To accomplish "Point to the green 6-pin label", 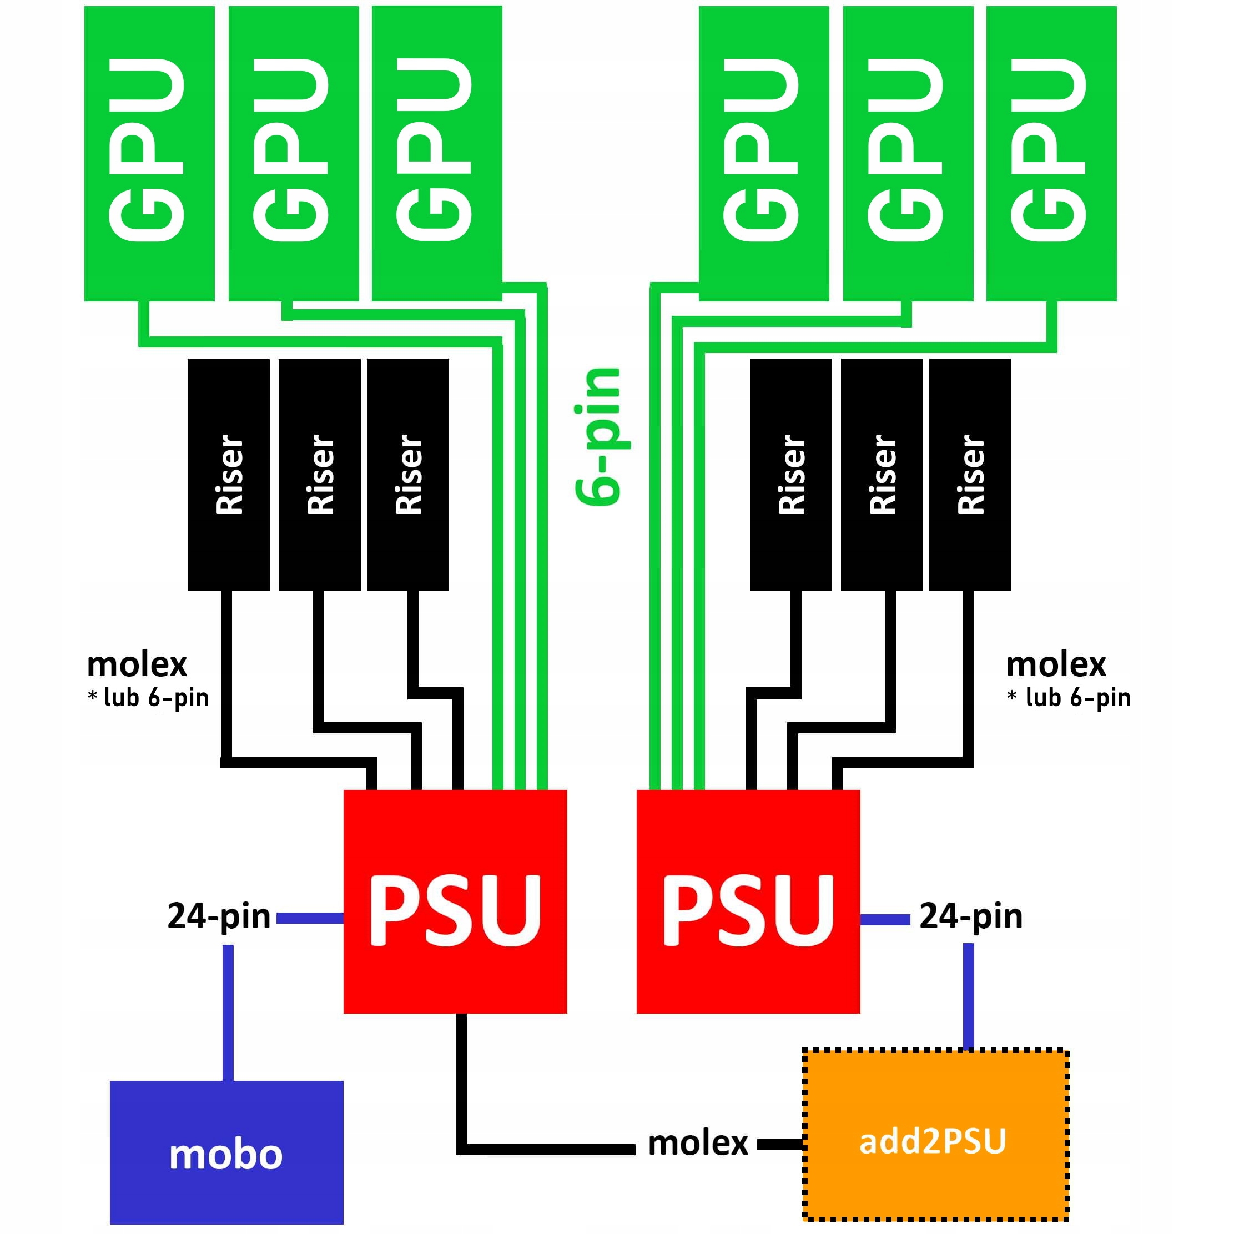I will [598, 437].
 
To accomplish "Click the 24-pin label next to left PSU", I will [219, 916].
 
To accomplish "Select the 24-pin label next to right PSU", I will [970, 916].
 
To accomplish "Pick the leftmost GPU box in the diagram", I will [149, 153].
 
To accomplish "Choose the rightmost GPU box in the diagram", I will [1051, 153].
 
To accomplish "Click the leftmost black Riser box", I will [228, 474].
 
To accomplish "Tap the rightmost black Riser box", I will [970, 474].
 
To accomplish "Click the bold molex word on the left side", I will [137, 665].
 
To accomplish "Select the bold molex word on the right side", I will [1055, 665].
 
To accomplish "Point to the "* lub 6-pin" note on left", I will [148, 697].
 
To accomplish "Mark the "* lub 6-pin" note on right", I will [1068, 697].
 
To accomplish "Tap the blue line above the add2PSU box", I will [968, 996].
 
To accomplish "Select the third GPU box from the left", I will [437, 153].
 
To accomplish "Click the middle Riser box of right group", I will [882, 474].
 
